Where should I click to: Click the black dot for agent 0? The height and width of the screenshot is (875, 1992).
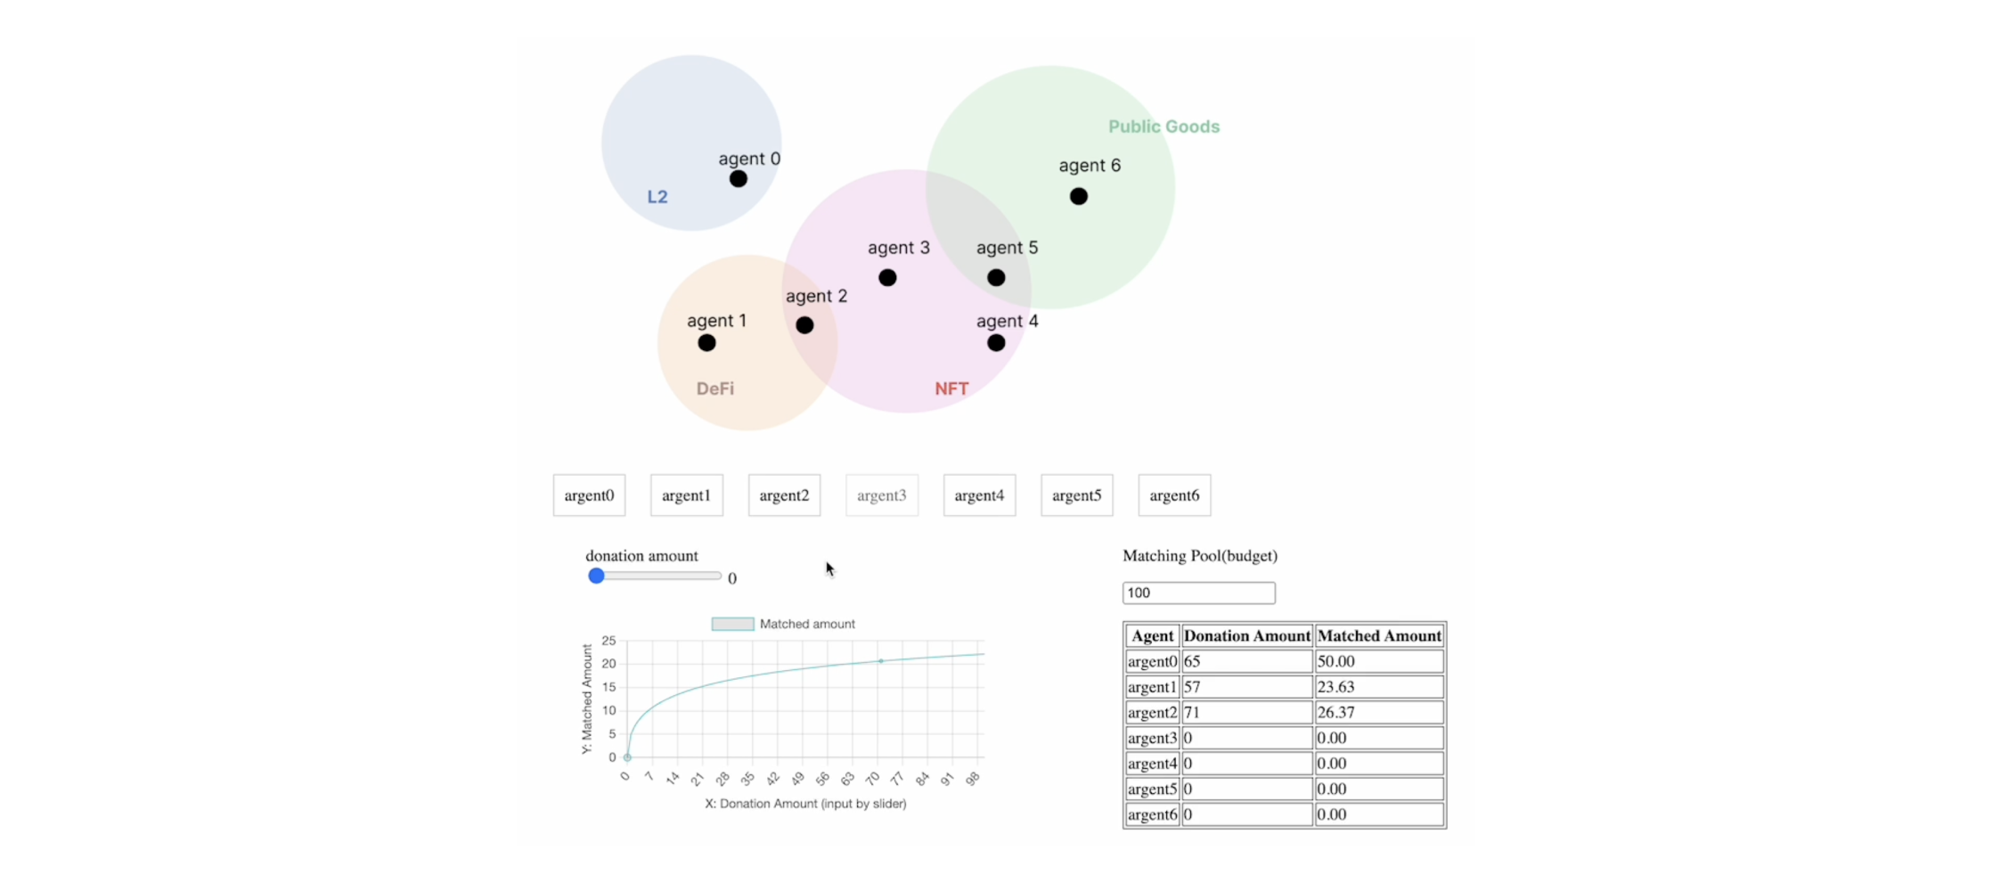[738, 179]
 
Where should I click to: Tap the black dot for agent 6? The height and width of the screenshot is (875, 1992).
[1078, 196]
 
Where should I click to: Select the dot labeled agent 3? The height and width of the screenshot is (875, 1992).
[887, 278]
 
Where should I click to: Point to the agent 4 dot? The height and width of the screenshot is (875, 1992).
[996, 343]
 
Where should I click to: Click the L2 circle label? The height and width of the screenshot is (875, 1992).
[657, 197]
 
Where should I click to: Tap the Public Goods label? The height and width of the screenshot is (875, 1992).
[1163, 127]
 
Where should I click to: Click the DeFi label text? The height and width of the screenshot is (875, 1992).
[715, 388]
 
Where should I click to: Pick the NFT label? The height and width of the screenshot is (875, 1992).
[951, 388]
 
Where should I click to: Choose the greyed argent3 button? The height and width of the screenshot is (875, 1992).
[881, 495]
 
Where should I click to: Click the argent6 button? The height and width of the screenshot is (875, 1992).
[1174, 495]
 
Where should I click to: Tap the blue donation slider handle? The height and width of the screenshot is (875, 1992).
[596, 577]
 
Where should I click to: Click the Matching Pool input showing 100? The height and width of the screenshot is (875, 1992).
[1198, 593]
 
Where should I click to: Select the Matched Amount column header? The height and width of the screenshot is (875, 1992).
[1379, 636]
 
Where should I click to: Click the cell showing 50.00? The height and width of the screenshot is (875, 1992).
[1379, 661]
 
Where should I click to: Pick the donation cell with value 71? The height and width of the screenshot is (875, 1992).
[1246, 713]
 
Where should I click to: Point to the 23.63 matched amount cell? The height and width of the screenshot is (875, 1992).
[1379, 687]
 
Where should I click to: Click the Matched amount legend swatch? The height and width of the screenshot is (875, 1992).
[732, 625]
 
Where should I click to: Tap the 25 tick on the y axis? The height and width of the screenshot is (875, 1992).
[608, 641]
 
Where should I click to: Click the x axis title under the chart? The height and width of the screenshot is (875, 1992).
[805, 804]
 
